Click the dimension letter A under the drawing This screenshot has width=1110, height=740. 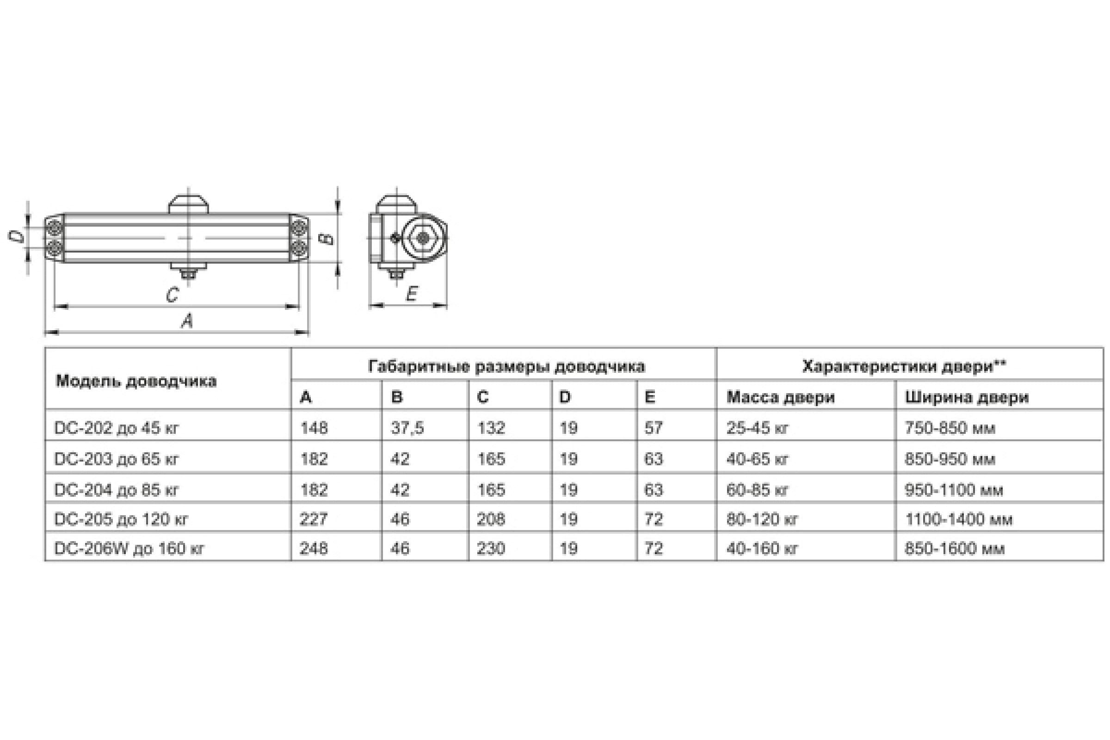187,321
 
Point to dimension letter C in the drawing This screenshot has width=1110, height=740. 172,295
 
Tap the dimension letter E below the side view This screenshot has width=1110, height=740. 412,294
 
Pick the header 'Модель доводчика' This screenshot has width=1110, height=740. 136,381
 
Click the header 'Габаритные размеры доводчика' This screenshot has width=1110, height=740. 506,367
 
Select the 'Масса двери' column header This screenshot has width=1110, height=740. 781,397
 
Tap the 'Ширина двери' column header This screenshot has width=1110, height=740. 967,397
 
